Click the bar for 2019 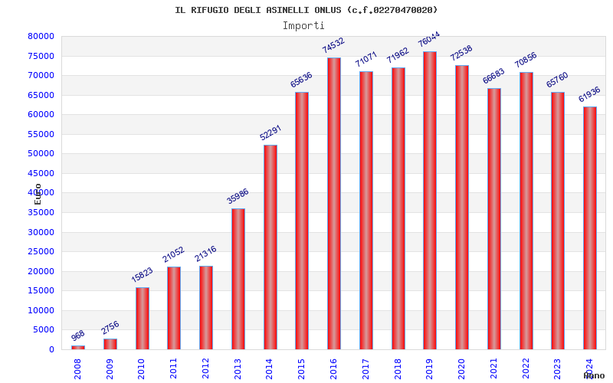[430, 201]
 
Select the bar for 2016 [334, 204]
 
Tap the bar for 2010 [143, 318]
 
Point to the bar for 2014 [270, 247]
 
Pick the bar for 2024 [589, 228]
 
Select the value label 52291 [270, 133]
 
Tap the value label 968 [78, 336]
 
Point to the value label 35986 [238, 196]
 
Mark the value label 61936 [589, 94]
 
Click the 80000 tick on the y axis [41, 36]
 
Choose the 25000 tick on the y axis [41, 251]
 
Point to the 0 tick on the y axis [51, 349]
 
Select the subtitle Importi [303, 25]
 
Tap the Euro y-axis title [38, 193]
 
